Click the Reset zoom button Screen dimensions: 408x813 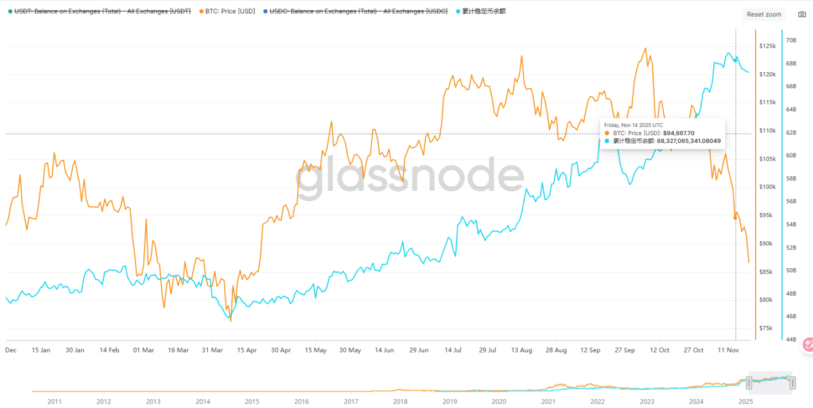point(764,14)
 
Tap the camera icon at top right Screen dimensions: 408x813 point(802,14)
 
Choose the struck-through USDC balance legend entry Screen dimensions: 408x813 point(358,11)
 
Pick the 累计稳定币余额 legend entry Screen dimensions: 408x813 point(484,11)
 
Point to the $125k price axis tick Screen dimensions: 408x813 point(767,46)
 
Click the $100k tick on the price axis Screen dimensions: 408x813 point(767,187)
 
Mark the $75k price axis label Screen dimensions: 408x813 point(767,328)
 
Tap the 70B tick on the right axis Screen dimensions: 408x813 point(791,40)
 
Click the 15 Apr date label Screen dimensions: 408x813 point(247,350)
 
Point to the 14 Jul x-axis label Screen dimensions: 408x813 point(453,350)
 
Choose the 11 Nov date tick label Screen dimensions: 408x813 point(728,350)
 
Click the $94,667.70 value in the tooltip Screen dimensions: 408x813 point(679,133)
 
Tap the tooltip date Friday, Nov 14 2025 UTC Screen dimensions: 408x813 point(633,125)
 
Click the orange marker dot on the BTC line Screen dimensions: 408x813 point(735,218)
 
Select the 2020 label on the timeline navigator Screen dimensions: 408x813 point(499,402)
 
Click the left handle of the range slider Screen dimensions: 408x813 point(748,383)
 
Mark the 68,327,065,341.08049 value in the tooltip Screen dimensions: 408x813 point(688,140)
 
